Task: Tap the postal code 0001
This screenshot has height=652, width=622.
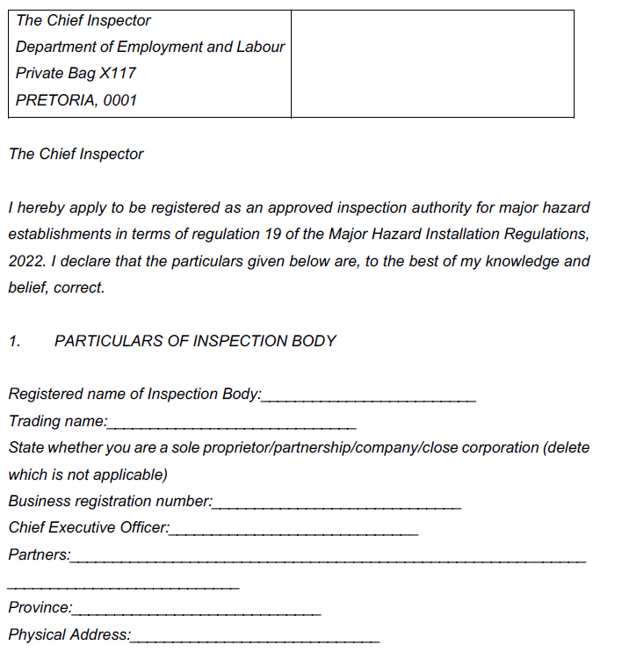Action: coord(120,100)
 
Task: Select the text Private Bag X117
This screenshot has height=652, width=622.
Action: coord(76,73)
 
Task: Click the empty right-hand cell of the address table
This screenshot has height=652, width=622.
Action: coord(432,63)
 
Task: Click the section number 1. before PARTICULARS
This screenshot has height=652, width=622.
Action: coord(15,341)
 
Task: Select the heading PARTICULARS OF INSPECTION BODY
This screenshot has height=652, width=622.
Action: coord(195,341)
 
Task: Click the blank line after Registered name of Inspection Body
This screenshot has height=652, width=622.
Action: coord(369,398)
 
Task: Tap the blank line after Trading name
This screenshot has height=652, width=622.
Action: coord(232,425)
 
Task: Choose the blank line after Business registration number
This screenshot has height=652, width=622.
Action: coord(336,505)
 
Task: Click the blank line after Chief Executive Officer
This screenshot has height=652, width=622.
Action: coord(294,532)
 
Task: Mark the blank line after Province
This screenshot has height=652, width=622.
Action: coord(198,612)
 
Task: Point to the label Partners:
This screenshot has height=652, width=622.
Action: coord(40,554)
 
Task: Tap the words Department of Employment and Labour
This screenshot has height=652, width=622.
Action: coord(150,47)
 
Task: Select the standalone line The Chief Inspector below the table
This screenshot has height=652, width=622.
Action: coord(76,154)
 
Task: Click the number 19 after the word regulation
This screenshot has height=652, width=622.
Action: coord(270,235)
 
